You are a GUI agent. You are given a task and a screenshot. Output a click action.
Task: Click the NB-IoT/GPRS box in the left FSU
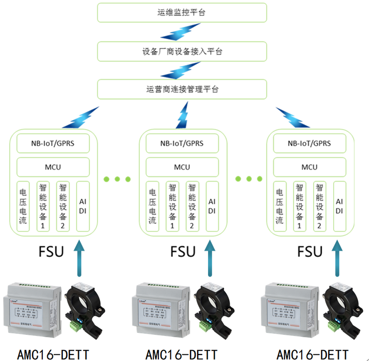click(x=53, y=143)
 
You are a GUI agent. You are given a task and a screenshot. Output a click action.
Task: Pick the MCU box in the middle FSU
click(x=182, y=167)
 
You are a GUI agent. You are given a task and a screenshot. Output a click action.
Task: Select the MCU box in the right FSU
click(x=310, y=167)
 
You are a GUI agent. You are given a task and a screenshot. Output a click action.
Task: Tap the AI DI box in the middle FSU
click(x=212, y=206)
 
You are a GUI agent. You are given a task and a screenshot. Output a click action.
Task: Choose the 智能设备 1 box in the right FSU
click(x=300, y=206)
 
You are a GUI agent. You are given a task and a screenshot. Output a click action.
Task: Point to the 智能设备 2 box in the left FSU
click(x=63, y=206)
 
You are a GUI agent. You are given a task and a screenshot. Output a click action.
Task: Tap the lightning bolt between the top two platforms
click(x=174, y=32)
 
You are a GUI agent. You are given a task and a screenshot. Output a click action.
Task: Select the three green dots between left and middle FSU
click(x=117, y=178)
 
